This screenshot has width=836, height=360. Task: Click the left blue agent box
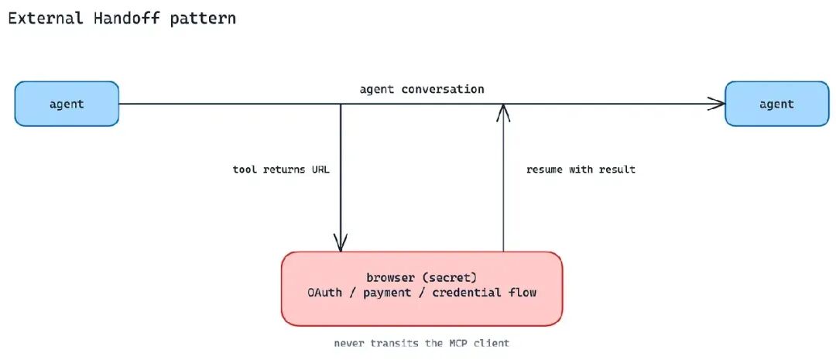coord(67,104)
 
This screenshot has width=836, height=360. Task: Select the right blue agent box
coord(777,104)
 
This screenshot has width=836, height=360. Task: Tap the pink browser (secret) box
coord(422,289)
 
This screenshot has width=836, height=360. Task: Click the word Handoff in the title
coord(126,18)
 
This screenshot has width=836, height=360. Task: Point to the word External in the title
coord(46,18)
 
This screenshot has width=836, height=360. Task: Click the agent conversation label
coord(422,89)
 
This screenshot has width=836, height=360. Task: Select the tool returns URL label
coord(282,170)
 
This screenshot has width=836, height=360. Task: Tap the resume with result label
coord(581,170)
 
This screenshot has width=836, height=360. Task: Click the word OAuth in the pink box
coord(324,293)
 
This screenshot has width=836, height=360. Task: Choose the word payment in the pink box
coord(387,293)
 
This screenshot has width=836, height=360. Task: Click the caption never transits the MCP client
coord(422,343)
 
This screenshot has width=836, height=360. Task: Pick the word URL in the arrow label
coord(320,170)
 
